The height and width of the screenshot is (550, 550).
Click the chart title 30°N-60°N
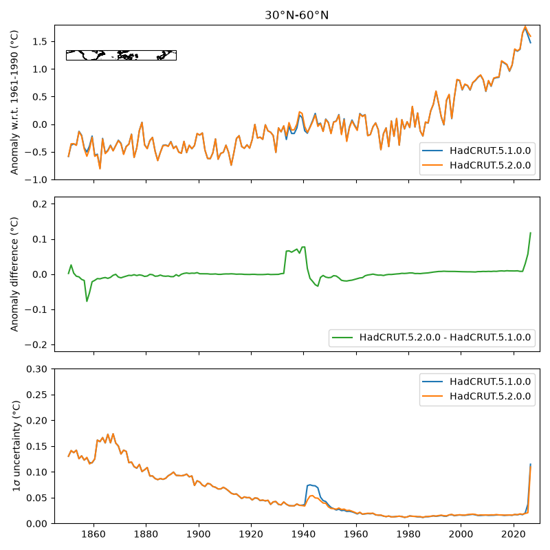click(x=296, y=15)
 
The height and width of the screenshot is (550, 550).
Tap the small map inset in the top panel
click(x=122, y=56)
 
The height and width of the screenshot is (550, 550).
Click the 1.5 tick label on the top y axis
click(x=40, y=41)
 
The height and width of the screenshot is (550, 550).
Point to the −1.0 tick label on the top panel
click(x=36, y=179)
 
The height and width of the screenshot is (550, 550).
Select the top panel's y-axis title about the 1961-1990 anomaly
click(x=14, y=102)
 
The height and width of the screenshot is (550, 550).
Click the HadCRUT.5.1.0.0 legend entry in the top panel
click(x=477, y=151)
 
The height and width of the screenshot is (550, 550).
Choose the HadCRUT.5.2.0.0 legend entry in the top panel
click(x=477, y=165)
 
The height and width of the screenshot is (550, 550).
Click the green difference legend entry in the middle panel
click(x=432, y=338)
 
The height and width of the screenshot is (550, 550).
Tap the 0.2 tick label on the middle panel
click(x=40, y=203)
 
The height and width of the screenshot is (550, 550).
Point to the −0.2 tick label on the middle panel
click(x=36, y=345)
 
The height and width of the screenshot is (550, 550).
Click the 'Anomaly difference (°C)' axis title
click(x=14, y=274)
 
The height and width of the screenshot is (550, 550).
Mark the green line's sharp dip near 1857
click(x=87, y=301)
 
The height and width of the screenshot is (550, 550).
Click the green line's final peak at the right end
click(x=530, y=233)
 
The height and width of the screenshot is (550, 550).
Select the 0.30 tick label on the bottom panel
click(x=37, y=369)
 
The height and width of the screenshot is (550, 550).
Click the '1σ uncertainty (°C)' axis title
click(x=16, y=446)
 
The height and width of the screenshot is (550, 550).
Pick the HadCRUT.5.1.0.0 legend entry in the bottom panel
click(x=477, y=382)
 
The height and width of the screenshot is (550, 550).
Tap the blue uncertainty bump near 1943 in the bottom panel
click(x=311, y=485)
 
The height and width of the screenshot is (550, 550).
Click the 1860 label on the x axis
click(x=93, y=534)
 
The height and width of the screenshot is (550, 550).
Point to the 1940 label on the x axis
click(x=303, y=534)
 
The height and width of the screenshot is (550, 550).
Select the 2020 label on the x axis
click(x=514, y=534)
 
